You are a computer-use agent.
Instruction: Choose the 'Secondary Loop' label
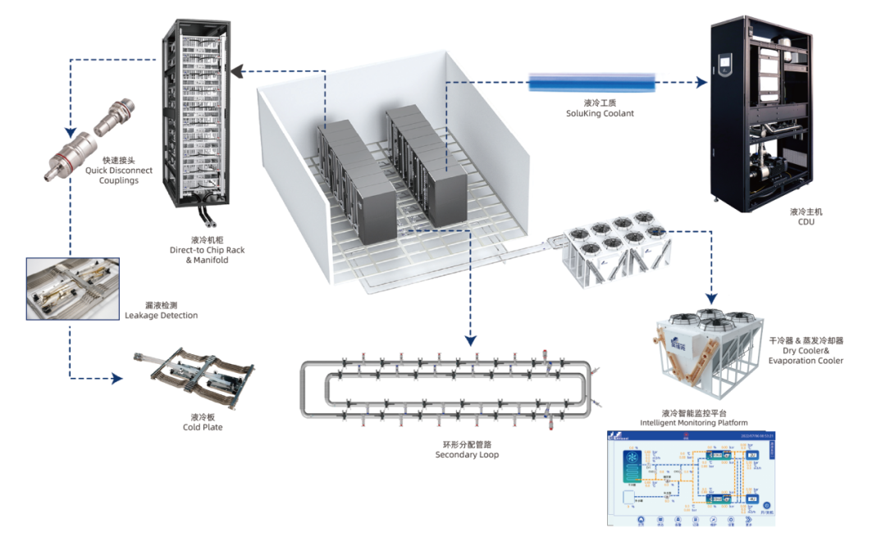click(467, 454)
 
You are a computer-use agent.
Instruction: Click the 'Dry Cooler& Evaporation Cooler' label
click(806, 355)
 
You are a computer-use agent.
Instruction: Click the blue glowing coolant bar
click(591, 82)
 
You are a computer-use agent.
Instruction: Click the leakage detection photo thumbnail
click(67, 288)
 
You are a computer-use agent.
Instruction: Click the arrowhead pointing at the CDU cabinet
click(700, 82)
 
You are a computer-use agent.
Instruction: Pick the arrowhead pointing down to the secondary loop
click(470, 338)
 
